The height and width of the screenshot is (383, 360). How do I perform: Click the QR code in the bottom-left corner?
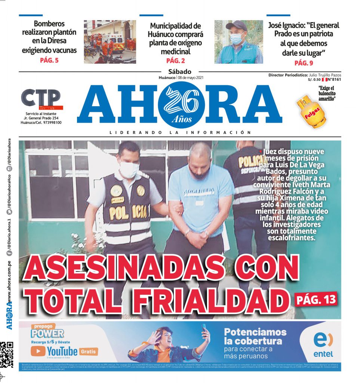7,354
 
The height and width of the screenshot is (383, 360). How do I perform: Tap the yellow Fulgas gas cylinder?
311,111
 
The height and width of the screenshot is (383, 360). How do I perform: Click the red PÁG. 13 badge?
316,299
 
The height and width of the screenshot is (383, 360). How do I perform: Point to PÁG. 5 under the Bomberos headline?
49,60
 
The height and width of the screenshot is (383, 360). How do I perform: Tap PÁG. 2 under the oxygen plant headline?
175,61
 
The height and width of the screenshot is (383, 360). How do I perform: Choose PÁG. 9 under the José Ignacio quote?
304,62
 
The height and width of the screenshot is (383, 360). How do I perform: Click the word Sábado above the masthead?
180,71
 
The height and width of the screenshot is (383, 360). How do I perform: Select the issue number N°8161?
334,79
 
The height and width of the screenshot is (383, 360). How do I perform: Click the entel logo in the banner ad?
323,344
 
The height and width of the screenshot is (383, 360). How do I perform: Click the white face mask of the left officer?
129,169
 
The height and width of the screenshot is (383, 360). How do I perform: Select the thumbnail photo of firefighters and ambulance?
110,42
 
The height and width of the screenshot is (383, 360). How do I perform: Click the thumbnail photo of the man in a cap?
239,42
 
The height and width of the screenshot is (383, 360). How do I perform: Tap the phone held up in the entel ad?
204,329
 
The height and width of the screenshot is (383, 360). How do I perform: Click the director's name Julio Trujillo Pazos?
325,75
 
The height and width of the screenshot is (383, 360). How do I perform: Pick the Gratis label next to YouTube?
89,351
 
